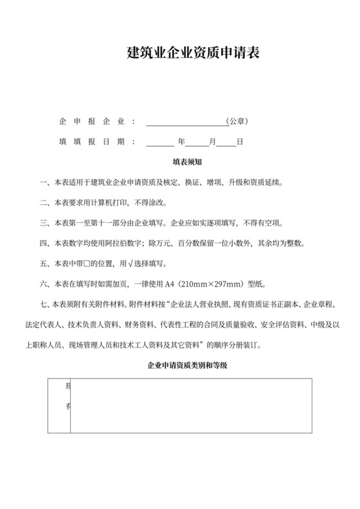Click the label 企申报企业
(x=97, y=121)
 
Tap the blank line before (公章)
(x=186, y=122)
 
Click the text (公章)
(x=237, y=121)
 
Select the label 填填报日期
(x=97, y=141)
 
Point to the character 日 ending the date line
(x=240, y=141)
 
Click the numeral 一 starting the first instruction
(x=43, y=182)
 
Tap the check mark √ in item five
(x=132, y=264)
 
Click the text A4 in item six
(x=170, y=285)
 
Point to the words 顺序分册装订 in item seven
(x=233, y=344)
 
